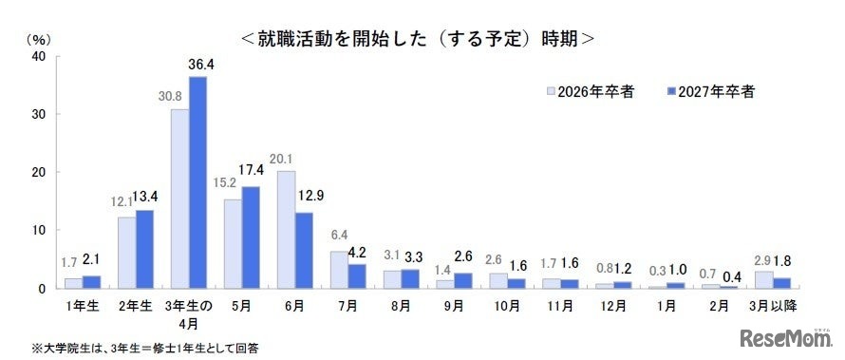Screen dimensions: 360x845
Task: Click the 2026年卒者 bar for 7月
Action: pos(339,270)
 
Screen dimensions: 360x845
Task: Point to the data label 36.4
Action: pos(203,65)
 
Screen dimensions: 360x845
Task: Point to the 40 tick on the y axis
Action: pos(39,56)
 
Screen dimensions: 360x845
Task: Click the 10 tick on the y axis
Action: pos(39,230)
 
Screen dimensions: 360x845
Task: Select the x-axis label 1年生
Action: pos(83,306)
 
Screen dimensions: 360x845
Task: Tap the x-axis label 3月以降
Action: pos(773,306)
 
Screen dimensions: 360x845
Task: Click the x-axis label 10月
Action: pos(507,306)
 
